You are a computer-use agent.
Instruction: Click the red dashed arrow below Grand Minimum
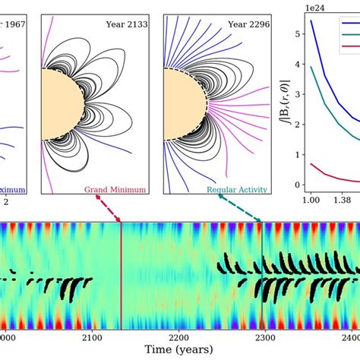109,207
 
